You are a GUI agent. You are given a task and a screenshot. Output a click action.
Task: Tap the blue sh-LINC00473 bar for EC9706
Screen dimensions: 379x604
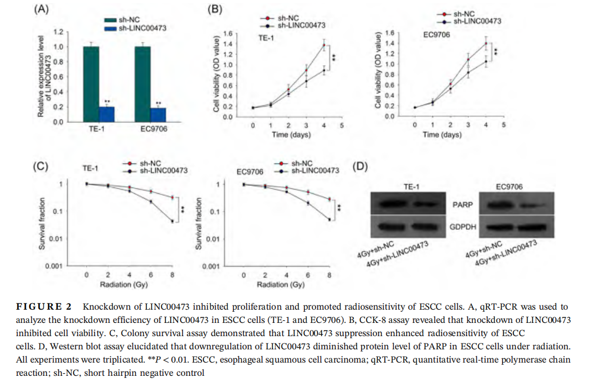point(159,114)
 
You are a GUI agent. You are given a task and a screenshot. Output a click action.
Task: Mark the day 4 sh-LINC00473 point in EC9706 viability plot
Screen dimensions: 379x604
point(485,61)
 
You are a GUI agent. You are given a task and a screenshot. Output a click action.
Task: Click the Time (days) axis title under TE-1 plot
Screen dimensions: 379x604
point(288,134)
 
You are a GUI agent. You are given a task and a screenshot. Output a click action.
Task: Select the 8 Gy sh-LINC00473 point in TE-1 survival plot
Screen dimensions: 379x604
point(172,221)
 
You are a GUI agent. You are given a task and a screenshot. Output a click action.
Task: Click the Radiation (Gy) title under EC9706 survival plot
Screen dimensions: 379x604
point(281,285)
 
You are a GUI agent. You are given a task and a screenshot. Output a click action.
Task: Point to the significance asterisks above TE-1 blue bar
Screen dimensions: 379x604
point(107,102)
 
